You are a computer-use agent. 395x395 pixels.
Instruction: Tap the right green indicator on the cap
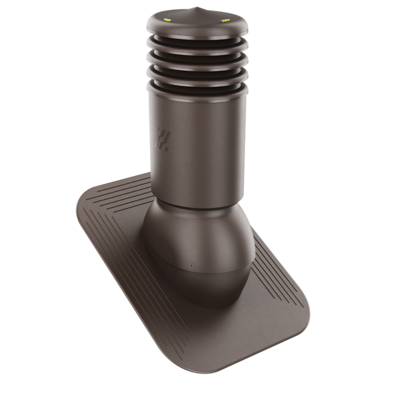click(225, 21)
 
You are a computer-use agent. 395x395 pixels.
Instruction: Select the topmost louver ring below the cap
click(197, 44)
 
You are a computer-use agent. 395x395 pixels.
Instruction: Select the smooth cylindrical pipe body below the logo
click(197, 169)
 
